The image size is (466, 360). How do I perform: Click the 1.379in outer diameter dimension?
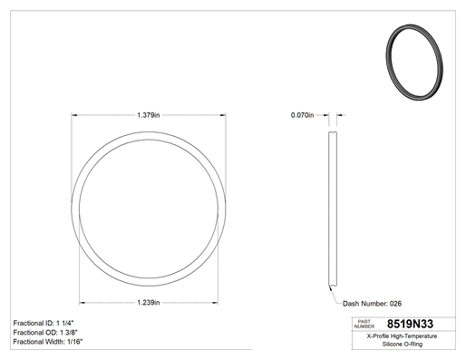coord(149,115)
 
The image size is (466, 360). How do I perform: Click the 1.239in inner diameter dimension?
coord(149,303)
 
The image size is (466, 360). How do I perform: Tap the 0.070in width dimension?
coord(302,115)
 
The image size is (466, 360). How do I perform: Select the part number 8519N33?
coord(410,324)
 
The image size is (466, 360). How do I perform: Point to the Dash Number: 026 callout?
coord(372,304)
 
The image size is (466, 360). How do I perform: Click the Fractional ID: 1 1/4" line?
coord(44,323)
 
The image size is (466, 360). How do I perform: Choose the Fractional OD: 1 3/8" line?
coord(45,333)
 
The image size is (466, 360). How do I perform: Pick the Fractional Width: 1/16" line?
coord(48,342)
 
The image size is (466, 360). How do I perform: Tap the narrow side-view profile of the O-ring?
coord(333,209)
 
